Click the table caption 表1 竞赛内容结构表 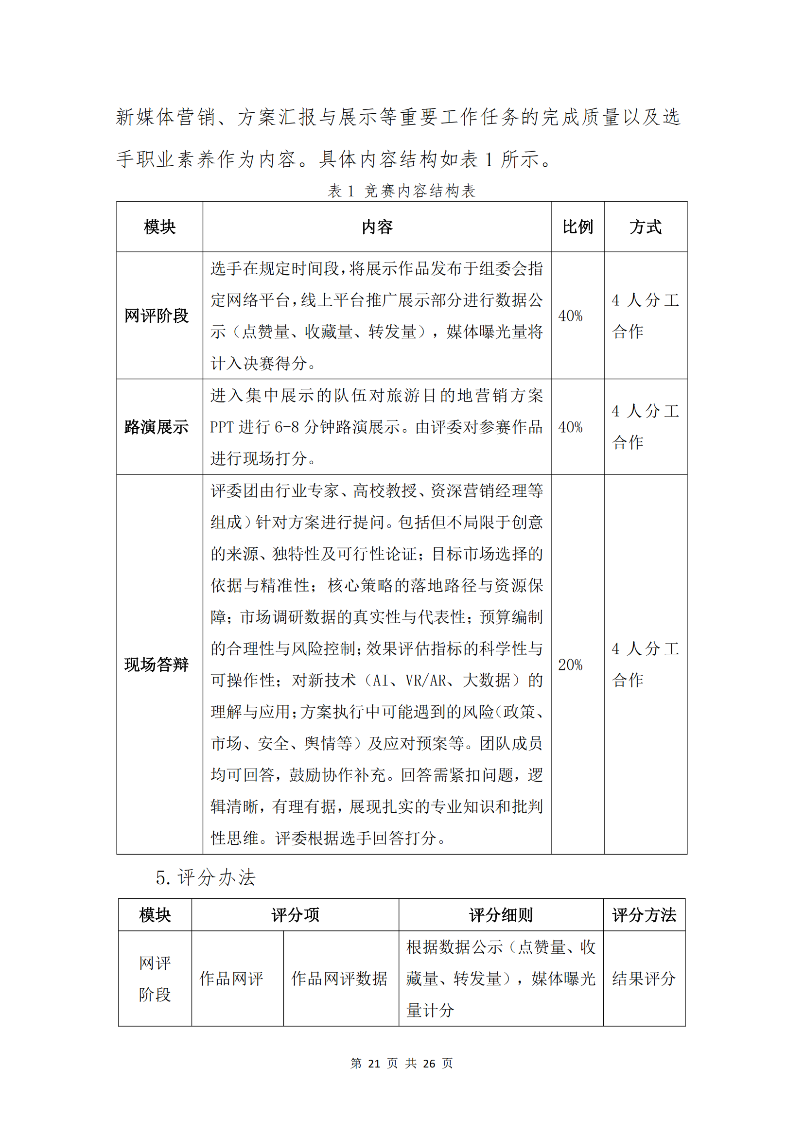point(402,191)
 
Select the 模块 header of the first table point(159,227)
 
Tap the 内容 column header point(377,227)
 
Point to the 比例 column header point(577,227)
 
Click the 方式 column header point(645,227)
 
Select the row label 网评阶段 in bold point(157,315)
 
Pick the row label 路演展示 point(157,427)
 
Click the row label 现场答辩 point(157,664)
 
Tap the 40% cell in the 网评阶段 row point(570,316)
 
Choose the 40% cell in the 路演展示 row point(570,427)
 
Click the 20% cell point(570,665)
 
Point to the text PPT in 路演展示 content point(222,427)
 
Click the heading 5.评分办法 point(206,877)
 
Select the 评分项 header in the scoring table point(295,915)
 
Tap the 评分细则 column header point(501,915)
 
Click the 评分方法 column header point(644,915)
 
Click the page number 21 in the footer point(374,1063)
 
